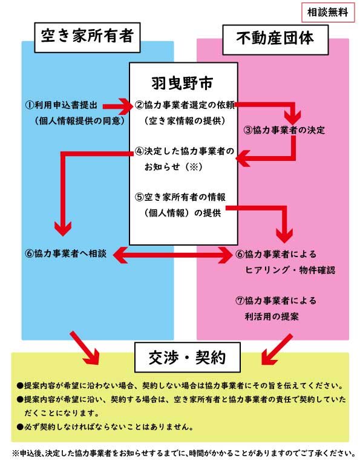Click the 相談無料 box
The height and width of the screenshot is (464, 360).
328,13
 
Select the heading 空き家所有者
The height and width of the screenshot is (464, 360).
87,38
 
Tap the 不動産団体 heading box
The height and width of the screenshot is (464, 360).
275,40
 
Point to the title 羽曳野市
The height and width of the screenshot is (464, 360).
182,83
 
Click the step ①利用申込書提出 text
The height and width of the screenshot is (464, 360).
61,105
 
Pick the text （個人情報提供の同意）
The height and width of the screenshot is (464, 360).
80,120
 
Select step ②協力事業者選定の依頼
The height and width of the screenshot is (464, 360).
185,105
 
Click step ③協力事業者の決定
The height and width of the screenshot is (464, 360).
284,129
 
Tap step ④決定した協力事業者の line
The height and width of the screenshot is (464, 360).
185,151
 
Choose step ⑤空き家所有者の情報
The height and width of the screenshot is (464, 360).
180,197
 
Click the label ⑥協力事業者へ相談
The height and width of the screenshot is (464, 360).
66,253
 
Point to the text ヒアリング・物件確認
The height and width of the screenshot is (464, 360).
290,270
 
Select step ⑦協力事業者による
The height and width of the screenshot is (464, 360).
276,301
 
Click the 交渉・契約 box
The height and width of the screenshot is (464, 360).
188,357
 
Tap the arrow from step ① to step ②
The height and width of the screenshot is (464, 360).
117,106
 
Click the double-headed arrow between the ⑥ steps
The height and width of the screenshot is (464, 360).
172,254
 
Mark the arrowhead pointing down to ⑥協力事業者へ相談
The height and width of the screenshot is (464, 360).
63,229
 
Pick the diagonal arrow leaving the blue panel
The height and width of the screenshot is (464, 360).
85,348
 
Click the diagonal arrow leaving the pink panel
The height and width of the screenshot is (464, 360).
277,350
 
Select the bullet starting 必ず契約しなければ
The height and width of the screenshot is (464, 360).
105,426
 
